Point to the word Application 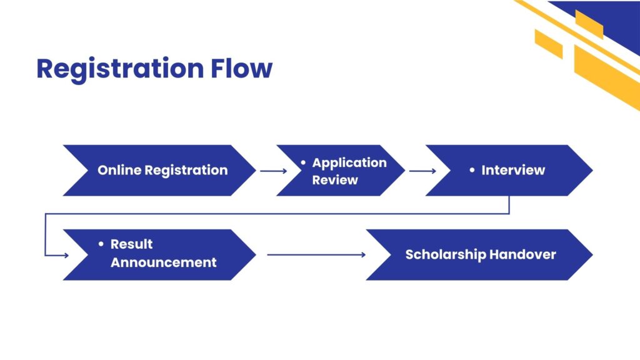pyautogui.click(x=349, y=162)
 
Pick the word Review pyautogui.click(x=335, y=180)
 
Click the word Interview pyautogui.click(x=513, y=170)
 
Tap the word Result pyautogui.click(x=132, y=244)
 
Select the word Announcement pyautogui.click(x=163, y=262)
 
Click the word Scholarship pyautogui.click(x=445, y=254)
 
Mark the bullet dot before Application pyautogui.click(x=303, y=162)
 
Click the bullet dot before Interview pyautogui.click(x=472, y=170)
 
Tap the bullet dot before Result pyautogui.click(x=101, y=244)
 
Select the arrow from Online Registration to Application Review pyautogui.click(x=273, y=171)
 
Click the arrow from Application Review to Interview pyautogui.click(x=422, y=171)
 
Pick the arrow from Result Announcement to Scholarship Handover pyautogui.click(x=316, y=254)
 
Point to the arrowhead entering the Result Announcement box pyautogui.click(x=65, y=255)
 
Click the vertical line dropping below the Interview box pyautogui.click(x=509, y=205)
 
